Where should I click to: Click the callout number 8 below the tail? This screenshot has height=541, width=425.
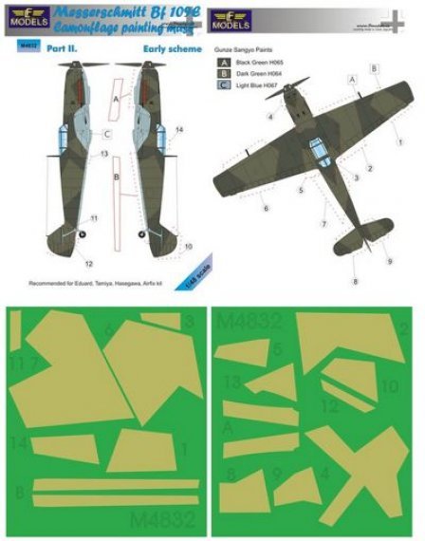357,282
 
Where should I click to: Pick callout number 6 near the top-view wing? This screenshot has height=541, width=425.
267,207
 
